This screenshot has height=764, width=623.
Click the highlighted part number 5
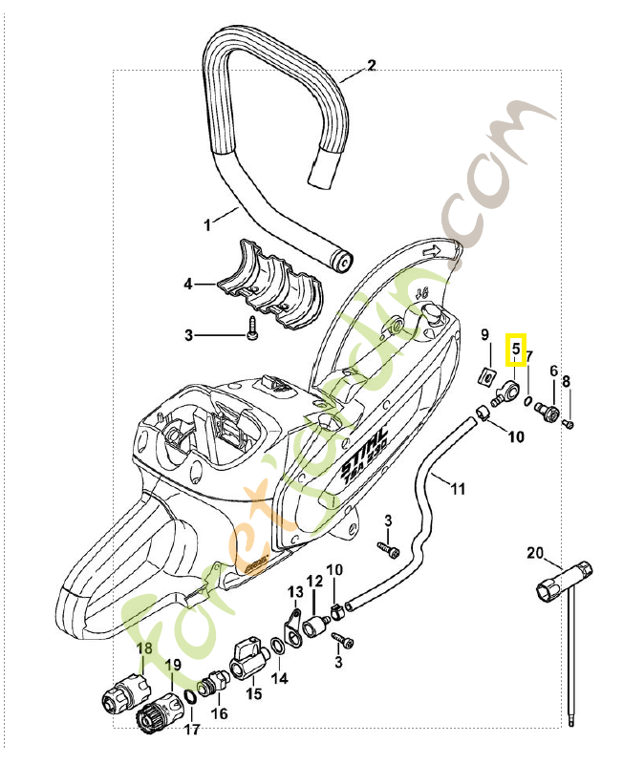[x=516, y=350]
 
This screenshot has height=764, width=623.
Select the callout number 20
[x=535, y=552]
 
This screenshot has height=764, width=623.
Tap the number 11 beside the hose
[x=458, y=489]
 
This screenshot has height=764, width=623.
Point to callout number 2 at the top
[x=372, y=66]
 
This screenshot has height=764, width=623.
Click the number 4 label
[x=188, y=284]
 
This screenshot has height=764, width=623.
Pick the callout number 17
[x=191, y=731]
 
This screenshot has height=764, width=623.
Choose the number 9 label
[x=484, y=335]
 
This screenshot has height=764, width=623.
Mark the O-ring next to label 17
[x=190, y=699]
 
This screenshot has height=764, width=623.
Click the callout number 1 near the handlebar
[x=206, y=225]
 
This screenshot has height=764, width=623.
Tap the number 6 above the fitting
[x=552, y=371]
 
